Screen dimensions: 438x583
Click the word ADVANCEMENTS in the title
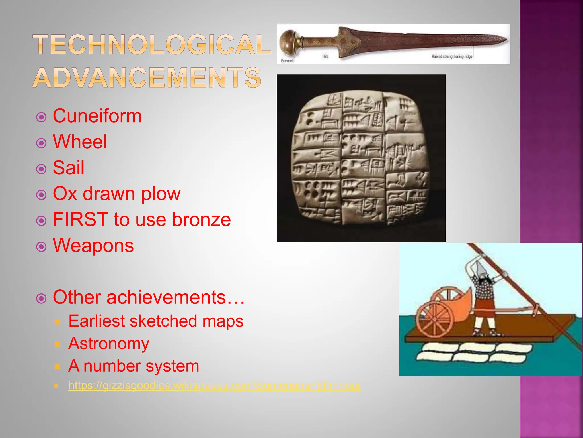[147, 78]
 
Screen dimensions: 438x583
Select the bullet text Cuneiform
[97, 116]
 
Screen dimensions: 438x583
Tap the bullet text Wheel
[80, 142]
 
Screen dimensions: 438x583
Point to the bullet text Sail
[69, 168]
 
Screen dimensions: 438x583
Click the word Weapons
[93, 246]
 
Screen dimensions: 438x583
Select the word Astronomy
[109, 343]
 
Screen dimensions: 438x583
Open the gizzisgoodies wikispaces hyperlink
[215, 386]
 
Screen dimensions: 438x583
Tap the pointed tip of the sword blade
[505, 40]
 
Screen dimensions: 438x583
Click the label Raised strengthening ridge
[452, 56]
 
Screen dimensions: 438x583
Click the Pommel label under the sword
[287, 61]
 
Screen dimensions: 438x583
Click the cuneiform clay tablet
[361, 158]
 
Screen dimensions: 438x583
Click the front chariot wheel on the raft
[435, 320]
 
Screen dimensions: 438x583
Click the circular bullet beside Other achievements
[42, 299]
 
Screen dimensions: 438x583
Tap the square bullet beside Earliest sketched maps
[58, 322]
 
